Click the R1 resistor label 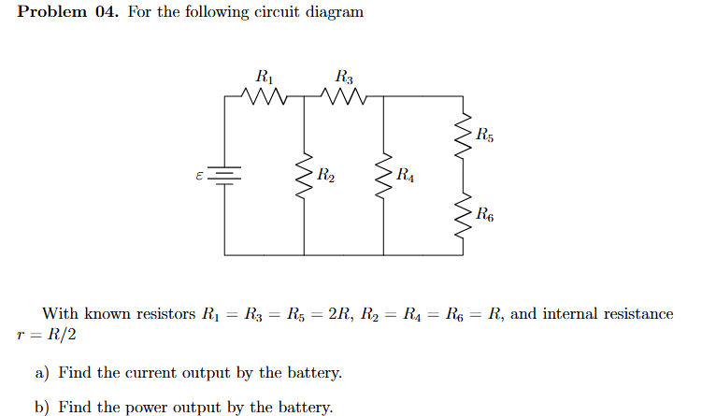pos(265,77)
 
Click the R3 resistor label pos(344,77)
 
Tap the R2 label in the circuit pos(327,174)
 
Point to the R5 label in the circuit pos(484,134)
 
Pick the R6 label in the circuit pos(484,214)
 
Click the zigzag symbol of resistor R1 pos(265,95)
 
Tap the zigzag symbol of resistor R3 pos(344,95)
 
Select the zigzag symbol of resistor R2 pos(304,175)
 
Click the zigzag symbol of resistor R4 pos(383,175)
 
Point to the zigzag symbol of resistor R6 pos(462,215)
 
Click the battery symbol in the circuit pos(224,175)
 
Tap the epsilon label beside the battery pos(198,174)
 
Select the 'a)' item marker pos(42,373)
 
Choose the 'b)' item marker pos(42,407)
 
